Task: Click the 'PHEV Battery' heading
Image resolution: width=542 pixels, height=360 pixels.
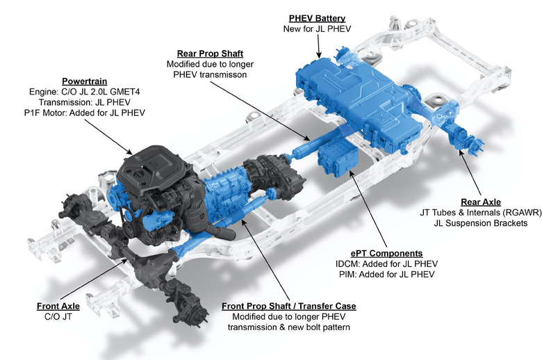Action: [x=317, y=18]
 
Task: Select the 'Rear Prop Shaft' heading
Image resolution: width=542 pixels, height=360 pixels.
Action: [x=210, y=54]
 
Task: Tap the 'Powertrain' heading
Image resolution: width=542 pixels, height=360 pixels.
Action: [x=84, y=81]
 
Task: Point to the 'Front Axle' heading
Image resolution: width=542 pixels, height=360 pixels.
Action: [x=58, y=306]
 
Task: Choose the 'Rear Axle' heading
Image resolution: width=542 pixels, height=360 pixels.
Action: [x=480, y=202]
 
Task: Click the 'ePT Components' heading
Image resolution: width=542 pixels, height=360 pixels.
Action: [x=386, y=254]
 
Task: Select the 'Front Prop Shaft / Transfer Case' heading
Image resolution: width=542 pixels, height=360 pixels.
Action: [x=288, y=306]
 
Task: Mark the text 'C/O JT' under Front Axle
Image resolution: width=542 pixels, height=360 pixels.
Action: [x=58, y=316]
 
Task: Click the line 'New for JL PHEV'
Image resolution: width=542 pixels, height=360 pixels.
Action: [x=317, y=28]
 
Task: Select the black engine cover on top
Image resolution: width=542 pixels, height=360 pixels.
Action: [x=153, y=165]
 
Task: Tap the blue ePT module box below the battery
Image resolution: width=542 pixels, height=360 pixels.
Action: [x=338, y=160]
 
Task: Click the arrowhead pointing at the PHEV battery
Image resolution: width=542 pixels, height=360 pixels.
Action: [x=319, y=54]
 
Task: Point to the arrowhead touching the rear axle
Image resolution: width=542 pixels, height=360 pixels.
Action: [x=460, y=152]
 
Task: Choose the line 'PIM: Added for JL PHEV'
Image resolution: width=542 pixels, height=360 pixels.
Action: [x=386, y=275]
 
